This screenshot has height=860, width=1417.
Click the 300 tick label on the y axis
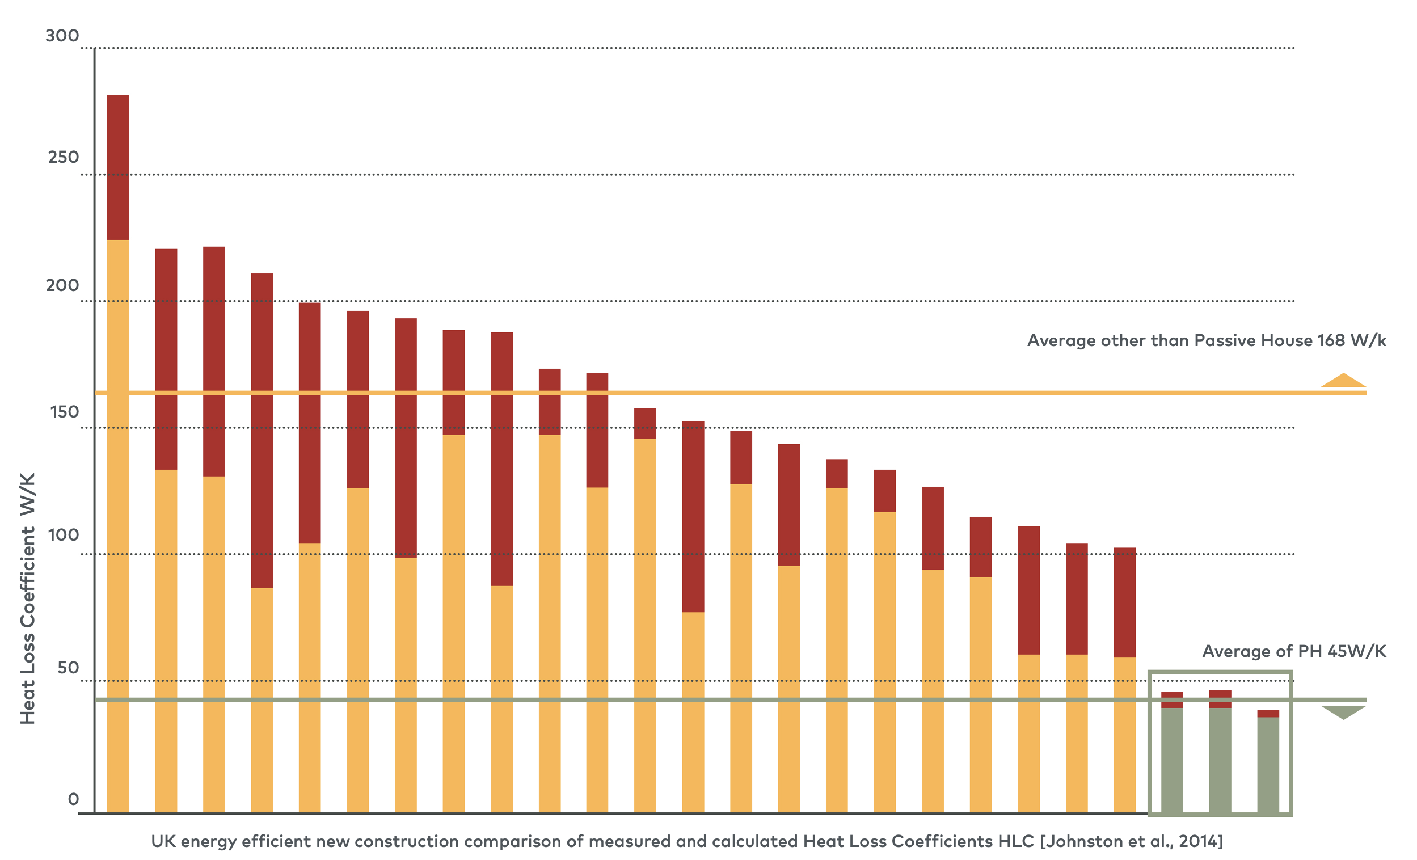point(62,36)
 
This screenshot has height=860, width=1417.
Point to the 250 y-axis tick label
point(64,157)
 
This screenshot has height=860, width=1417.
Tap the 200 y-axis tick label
point(62,285)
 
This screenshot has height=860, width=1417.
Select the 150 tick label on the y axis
point(64,412)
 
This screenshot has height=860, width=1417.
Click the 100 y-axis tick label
point(64,535)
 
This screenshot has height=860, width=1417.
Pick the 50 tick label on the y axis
point(68,668)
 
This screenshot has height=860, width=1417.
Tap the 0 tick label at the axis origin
point(73,799)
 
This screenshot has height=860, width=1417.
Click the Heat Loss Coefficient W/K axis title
point(28,598)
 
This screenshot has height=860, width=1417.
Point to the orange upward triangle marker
point(1343,380)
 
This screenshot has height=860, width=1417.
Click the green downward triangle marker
point(1343,711)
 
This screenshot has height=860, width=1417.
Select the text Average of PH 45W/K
point(1294,651)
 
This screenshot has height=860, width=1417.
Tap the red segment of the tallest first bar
point(119,167)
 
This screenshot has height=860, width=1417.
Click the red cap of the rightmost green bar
point(1268,713)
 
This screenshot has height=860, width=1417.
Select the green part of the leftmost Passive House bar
point(1172,760)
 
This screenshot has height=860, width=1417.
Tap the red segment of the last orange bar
point(1124,602)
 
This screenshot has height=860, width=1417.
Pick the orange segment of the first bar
point(119,518)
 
